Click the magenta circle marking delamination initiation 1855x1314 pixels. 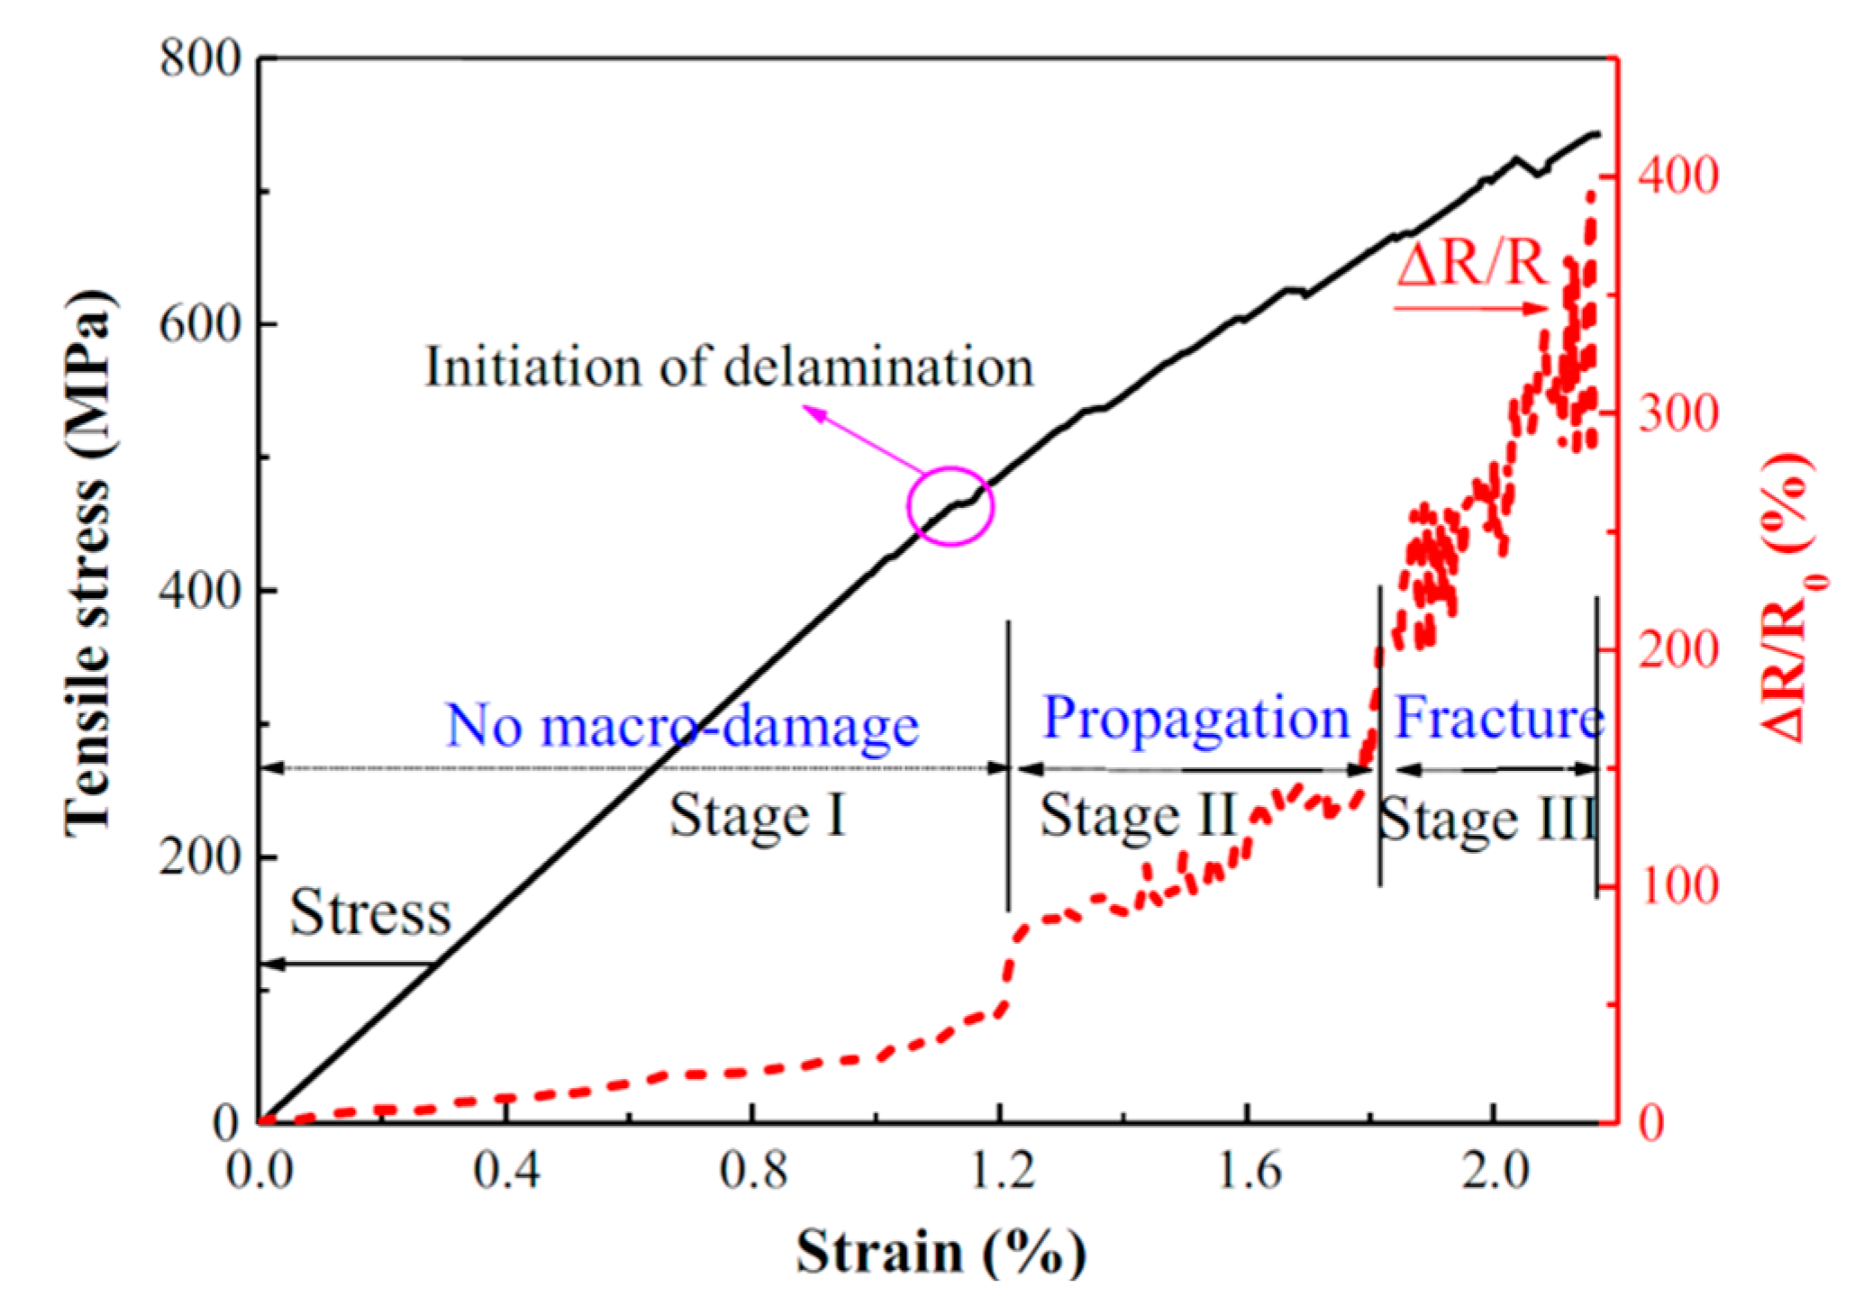click(x=950, y=506)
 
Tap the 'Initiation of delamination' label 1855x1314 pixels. click(x=729, y=367)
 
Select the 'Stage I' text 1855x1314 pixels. click(x=758, y=816)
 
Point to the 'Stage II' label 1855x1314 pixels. click(x=1137, y=816)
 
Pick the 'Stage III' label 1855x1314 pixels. click(x=1487, y=820)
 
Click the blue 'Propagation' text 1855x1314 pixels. click(x=1196, y=719)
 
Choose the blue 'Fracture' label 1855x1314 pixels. click(x=1498, y=719)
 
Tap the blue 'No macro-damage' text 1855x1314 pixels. click(x=682, y=726)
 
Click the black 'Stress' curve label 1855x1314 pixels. click(x=370, y=912)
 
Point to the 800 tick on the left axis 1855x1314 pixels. click(x=201, y=59)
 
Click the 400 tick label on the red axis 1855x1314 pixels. click(x=1678, y=176)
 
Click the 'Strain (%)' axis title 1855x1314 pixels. click(x=941, y=1252)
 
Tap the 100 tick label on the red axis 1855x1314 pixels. click(x=1678, y=886)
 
